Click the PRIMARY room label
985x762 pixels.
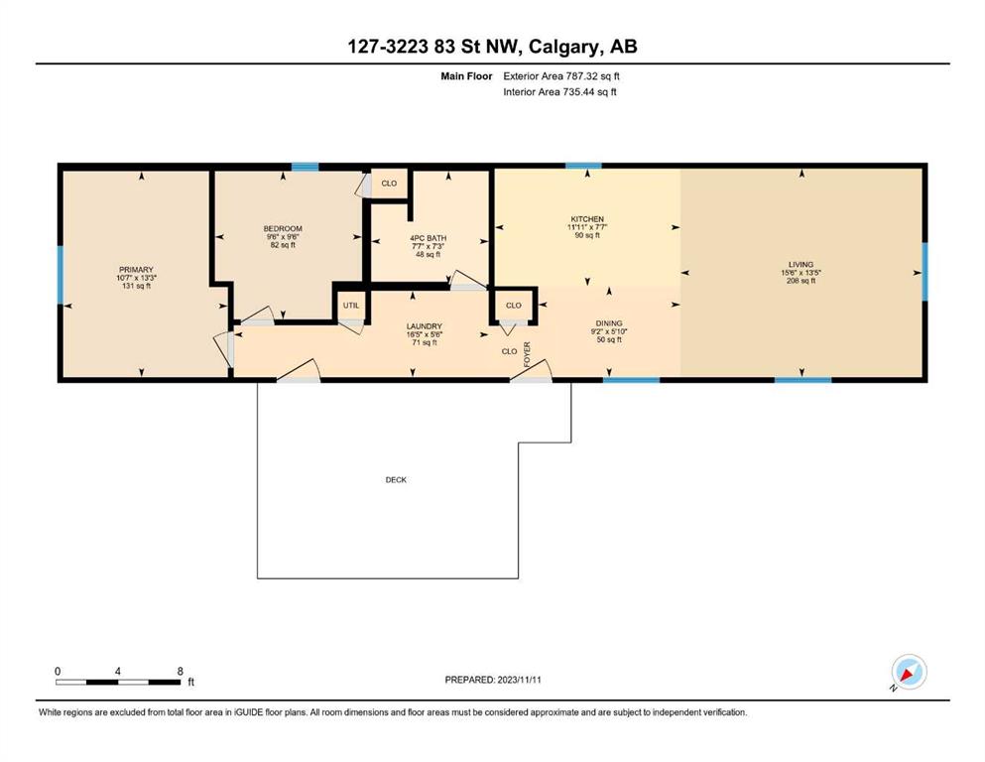136,270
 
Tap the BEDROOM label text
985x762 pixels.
283,228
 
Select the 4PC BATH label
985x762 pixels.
428,238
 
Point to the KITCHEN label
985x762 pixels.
587,219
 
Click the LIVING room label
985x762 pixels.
800,265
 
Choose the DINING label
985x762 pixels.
609,323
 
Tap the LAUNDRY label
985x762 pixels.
424,326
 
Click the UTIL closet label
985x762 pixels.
351,306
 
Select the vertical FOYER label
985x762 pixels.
527,354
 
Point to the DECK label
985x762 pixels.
396,480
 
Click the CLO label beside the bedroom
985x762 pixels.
389,184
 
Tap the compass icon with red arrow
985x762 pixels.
909,673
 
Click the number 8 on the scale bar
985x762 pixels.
181,671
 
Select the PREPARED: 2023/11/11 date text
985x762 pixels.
493,680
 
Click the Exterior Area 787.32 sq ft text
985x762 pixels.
561,76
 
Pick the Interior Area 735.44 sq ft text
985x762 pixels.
559,91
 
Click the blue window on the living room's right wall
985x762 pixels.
924,272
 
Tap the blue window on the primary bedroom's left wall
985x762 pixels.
61,275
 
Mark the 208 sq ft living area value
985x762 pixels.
800,281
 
